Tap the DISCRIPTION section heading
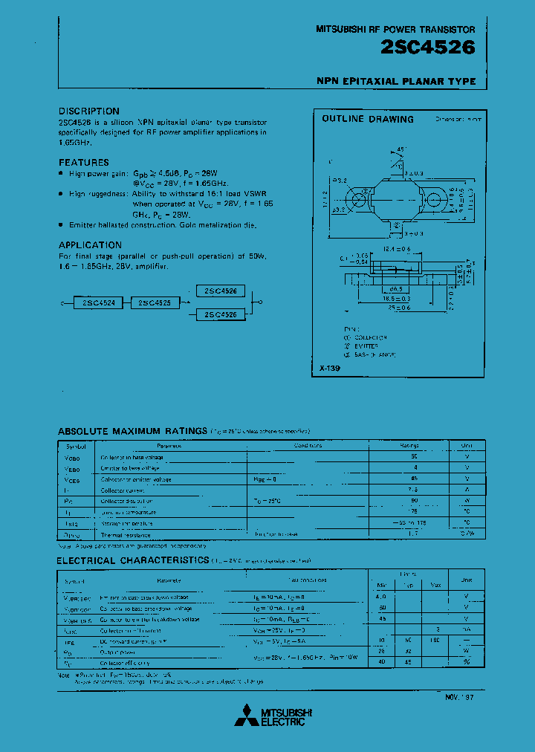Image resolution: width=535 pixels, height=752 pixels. coord(88,111)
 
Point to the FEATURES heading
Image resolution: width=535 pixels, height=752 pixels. coord(83,162)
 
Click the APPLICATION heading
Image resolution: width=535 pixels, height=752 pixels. coord(90,244)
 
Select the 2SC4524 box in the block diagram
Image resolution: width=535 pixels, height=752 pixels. coord(98,303)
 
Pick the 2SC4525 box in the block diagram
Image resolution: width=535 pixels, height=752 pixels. coord(155,303)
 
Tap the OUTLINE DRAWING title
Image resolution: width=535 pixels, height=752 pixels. coord(367,119)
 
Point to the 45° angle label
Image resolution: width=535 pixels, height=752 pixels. coord(402,149)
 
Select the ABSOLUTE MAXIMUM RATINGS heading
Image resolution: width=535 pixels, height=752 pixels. coord(132,431)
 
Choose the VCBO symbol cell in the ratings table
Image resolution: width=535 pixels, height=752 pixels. coord(77,457)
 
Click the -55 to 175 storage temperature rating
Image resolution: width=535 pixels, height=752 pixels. coord(413,523)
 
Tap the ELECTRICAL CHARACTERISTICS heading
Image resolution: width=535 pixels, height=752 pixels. coord(133,560)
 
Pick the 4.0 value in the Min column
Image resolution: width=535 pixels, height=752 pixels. coord(382,597)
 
